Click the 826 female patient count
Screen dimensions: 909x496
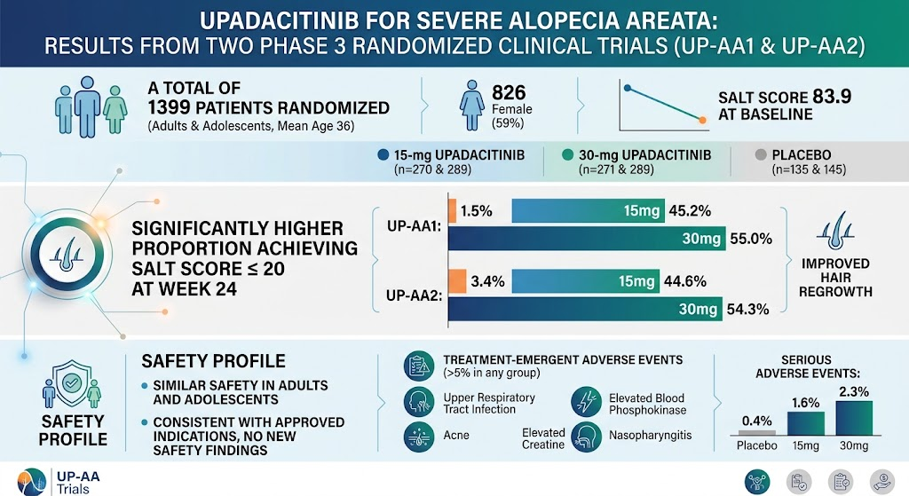(509, 92)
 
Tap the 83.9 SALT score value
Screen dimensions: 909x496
(832, 96)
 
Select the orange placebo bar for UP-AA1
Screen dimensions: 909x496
(452, 211)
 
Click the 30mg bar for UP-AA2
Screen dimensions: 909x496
(586, 309)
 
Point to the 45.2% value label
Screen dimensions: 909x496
(690, 211)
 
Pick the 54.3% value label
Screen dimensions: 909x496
(747, 310)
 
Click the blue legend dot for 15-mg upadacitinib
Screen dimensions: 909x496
(383, 154)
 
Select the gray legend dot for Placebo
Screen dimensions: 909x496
(761, 154)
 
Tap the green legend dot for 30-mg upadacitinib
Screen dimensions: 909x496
(567, 154)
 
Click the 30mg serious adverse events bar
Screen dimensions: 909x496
(854, 418)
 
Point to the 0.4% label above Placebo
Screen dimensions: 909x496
(756, 421)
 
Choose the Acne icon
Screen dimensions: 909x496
(419, 436)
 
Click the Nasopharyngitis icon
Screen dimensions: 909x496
(586, 436)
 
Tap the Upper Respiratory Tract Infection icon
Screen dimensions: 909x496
(419, 402)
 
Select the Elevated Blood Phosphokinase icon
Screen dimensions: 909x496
(586, 402)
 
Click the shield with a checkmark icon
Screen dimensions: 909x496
(72, 382)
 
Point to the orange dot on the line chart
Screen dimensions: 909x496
(703, 120)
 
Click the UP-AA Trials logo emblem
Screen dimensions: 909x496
(32, 482)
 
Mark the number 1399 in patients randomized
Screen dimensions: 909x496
(169, 107)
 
